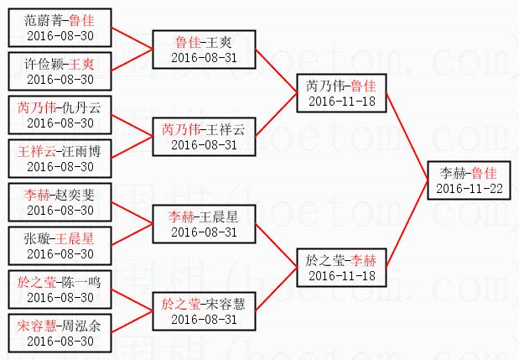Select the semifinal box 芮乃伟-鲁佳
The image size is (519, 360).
(x=340, y=93)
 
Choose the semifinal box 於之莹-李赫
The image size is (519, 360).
(x=340, y=268)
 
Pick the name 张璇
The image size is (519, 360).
(x=38, y=238)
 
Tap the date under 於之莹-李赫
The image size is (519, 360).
(x=340, y=276)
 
